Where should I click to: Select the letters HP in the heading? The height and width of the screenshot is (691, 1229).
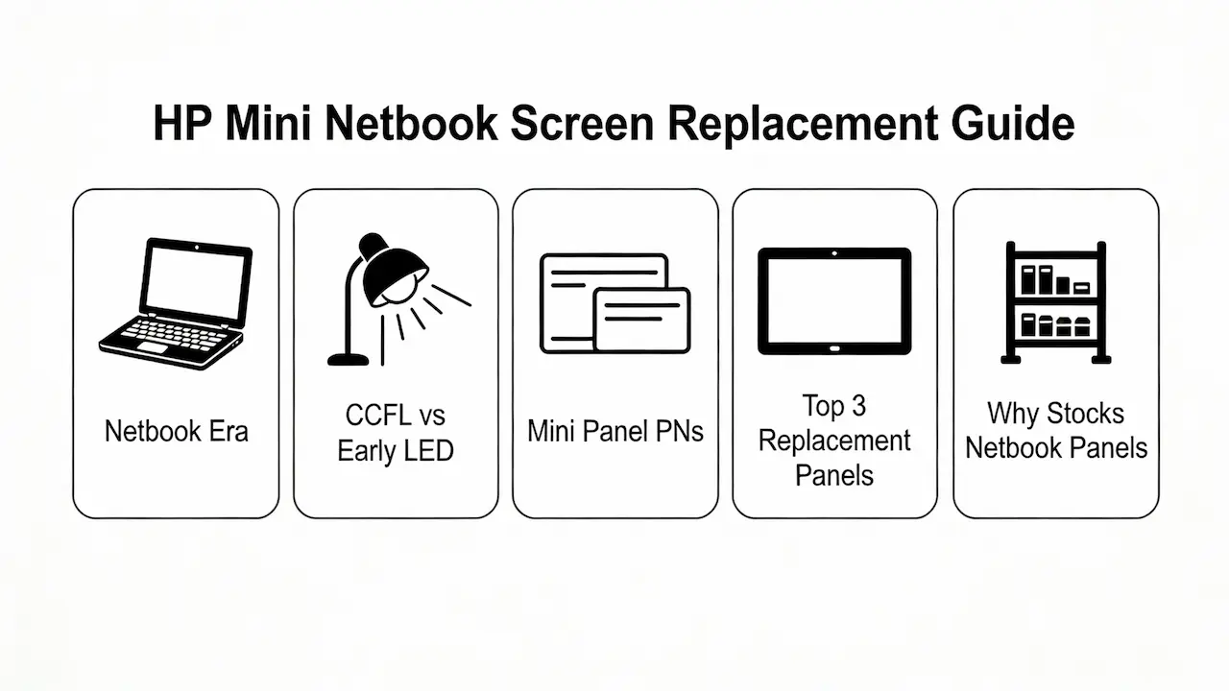[x=182, y=126]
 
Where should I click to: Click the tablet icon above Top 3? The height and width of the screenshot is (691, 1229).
[x=834, y=300]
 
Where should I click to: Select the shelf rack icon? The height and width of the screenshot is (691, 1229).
[x=1055, y=302]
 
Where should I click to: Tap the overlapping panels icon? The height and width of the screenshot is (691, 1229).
[x=614, y=302]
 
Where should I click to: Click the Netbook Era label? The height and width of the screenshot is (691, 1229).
[x=176, y=431]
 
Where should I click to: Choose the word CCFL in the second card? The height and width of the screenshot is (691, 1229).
[x=378, y=416]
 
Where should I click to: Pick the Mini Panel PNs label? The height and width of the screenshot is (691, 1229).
[x=614, y=431]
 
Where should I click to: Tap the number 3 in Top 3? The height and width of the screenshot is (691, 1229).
[x=857, y=406]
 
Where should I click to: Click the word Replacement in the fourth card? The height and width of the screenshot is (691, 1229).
[x=834, y=441]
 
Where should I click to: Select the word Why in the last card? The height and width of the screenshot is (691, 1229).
[x=1013, y=414]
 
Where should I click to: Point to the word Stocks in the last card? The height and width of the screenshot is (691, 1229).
[x=1084, y=414]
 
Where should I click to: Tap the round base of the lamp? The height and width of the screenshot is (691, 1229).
[x=348, y=359]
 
